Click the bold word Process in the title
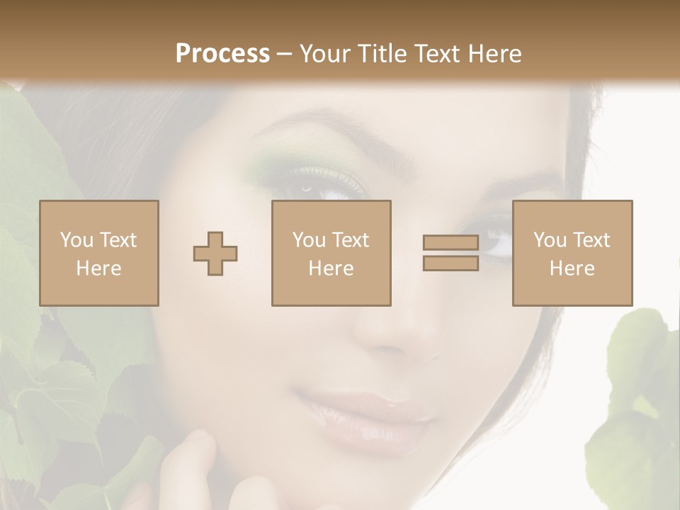click(222, 54)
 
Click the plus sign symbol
click(215, 254)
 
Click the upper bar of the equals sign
click(450, 243)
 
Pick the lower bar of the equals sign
click(450, 263)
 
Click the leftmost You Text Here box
click(98, 253)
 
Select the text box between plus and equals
click(331, 253)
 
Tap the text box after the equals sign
click(572, 253)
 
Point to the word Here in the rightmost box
click(572, 268)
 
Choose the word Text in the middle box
click(351, 240)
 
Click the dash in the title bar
click(285, 54)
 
